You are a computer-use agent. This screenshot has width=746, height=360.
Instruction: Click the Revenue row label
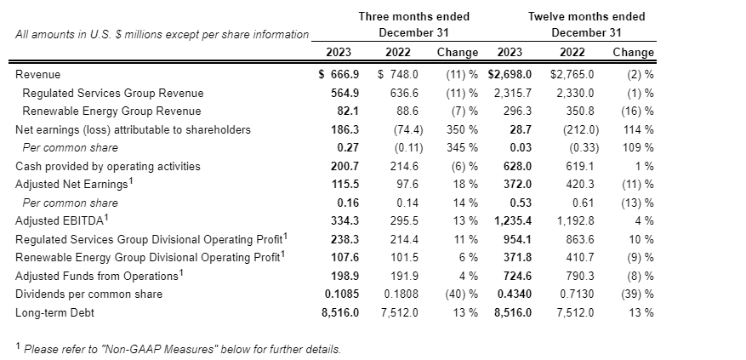click(38, 75)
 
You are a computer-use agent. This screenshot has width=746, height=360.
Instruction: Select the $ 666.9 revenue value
click(338, 75)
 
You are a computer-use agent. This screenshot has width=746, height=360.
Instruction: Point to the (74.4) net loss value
click(406, 129)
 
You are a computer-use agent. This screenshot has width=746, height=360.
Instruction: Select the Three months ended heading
click(413, 16)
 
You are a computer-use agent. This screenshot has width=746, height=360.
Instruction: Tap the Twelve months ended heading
click(586, 16)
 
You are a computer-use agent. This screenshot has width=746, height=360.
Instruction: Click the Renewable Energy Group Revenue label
click(111, 111)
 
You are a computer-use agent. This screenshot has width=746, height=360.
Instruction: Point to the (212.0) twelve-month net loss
click(581, 129)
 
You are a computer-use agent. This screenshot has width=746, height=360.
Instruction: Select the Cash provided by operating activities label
click(108, 166)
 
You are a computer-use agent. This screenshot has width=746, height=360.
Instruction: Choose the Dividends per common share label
click(88, 294)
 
